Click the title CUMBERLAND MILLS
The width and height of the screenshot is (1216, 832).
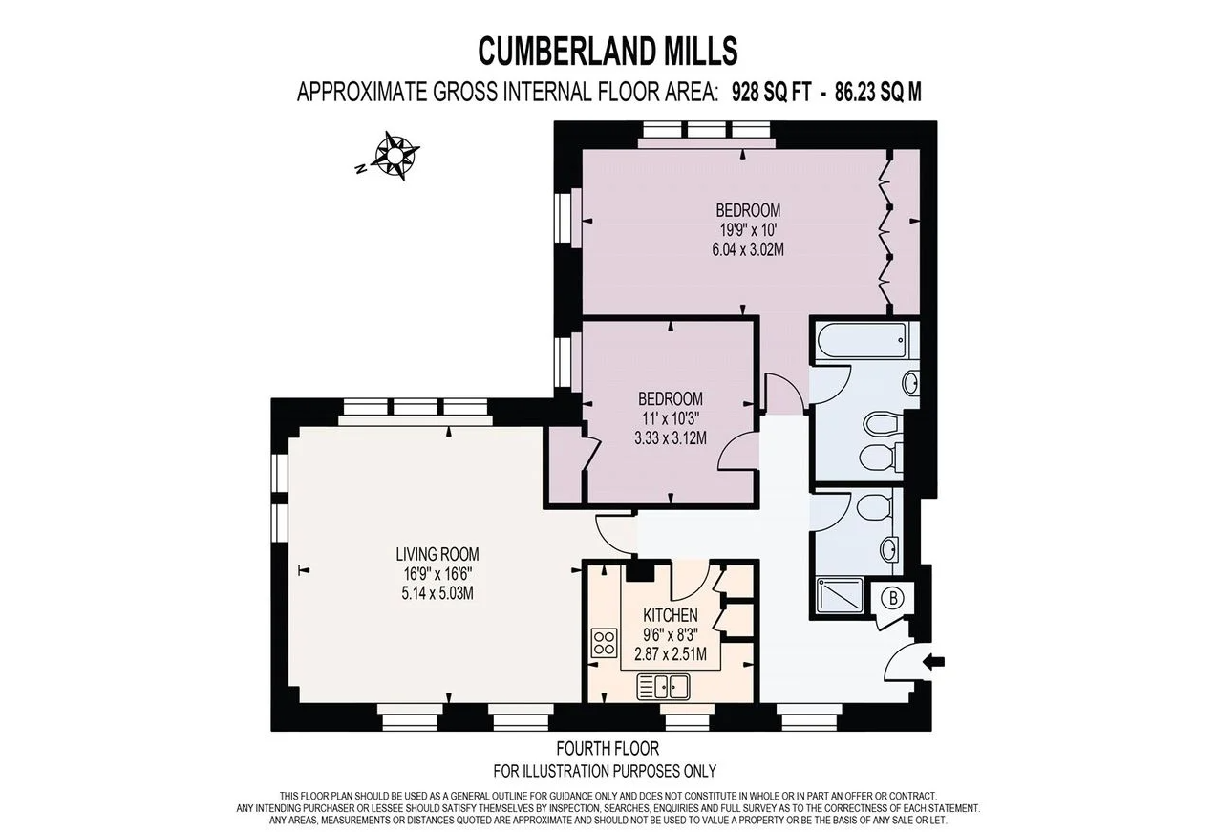[608, 49]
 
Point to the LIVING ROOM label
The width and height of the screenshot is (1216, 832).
[437, 554]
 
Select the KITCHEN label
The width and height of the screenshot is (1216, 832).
[670, 615]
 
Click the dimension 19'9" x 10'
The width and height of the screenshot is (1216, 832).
[748, 230]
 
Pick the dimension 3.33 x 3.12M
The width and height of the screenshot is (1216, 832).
[670, 438]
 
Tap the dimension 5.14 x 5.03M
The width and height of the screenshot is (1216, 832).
[437, 593]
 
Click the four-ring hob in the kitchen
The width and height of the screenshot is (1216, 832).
[604, 641]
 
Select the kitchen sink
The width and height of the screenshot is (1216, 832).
[664, 686]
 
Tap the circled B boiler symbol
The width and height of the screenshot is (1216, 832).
[894, 599]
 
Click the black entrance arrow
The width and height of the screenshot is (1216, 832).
[935, 660]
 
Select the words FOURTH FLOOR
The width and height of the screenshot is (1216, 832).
[608, 749]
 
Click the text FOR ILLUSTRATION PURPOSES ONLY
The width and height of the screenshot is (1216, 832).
[604, 770]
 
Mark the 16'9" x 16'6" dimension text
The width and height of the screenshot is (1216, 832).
[437, 574]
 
